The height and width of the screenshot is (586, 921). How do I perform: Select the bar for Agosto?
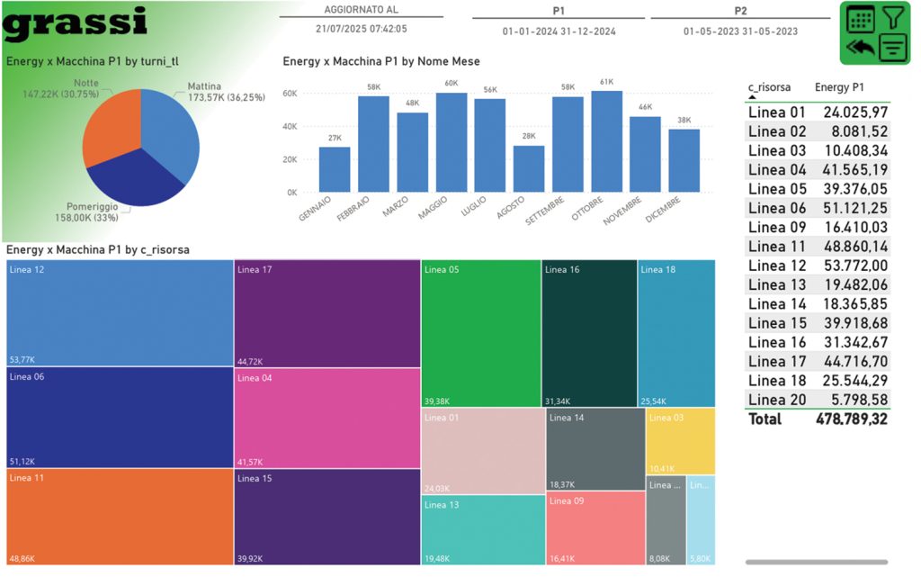[x=529, y=168]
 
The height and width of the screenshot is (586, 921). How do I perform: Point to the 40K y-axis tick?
[x=290, y=126]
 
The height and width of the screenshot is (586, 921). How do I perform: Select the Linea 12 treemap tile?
[x=120, y=313]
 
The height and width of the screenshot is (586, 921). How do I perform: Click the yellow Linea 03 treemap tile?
[x=680, y=441]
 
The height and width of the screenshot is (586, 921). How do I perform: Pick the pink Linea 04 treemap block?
[x=326, y=418]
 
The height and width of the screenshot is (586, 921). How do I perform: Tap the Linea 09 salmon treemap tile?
[x=595, y=527]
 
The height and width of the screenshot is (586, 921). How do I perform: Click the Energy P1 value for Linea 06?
[x=855, y=208]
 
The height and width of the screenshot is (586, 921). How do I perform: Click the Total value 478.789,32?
[x=852, y=419]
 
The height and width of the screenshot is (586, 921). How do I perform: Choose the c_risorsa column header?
[x=769, y=87]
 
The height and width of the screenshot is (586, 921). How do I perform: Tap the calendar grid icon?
[x=860, y=19]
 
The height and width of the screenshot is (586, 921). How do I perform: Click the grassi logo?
[x=75, y=23]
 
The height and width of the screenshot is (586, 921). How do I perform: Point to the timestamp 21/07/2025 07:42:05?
[x=362, y=29]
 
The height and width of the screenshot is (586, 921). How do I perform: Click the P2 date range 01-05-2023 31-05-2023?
[x=740, y=32]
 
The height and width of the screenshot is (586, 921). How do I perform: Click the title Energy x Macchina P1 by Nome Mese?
[x=380, y=61]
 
